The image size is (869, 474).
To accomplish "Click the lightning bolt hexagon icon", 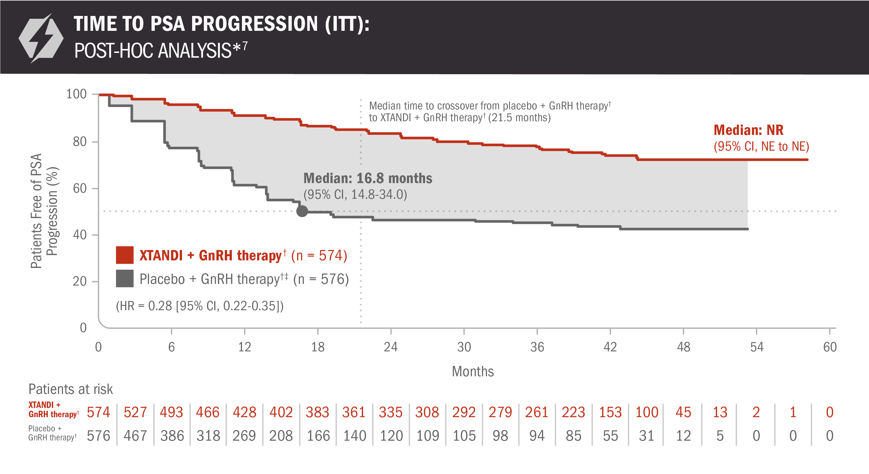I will pyautogui.click(x=41, y=38).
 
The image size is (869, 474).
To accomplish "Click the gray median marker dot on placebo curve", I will pyautogui.click(x=302, y=211).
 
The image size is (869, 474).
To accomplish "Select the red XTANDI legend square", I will pyautogui.click(x=124, y=255).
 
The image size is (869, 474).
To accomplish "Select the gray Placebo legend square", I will pyautogui.click(x=124, y=279).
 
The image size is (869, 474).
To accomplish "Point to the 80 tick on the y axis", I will pyautogui.click(x=80, y=142).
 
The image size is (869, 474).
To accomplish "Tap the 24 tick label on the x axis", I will pyautogui.click(x=391, y=347).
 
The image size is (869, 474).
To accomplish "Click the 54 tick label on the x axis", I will pyautogui.click(x=756, y=347).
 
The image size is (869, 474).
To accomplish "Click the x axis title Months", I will pyautogui.click(x=473, y=372).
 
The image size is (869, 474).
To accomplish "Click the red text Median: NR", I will pyautogui.click(x=748, y=130).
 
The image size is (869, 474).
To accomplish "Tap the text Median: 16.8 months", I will pyautogui.click(x=368, y=178).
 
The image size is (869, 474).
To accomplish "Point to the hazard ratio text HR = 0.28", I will pyautogui.click(x=200, y=306).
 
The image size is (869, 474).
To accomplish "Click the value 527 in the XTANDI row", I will pyautogui.click(x=135, y=412).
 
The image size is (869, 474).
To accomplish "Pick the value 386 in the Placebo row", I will pyautogui.click(x=172, y=436).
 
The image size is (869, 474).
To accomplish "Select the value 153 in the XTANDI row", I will pyautogui.click(x=610, y=412).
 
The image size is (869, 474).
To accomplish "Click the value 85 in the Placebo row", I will pyautogui.click(x=573, y=436).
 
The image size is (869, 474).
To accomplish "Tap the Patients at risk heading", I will pyautogui.click(x=71, y=389).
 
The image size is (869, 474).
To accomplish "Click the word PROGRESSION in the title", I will pyautogui.click(x=254, y=24).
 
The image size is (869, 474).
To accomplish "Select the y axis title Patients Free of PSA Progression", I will pyautogui.click(x=44, y=211).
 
